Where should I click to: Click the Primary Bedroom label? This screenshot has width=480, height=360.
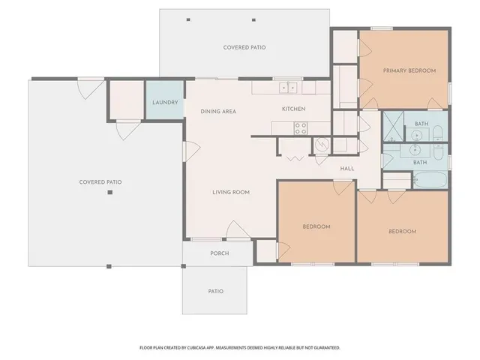409,70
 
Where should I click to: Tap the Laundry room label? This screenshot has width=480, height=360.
164,102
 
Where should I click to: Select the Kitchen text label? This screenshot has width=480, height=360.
293,109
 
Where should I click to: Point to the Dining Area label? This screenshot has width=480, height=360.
218,112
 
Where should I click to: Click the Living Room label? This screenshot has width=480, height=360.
230,193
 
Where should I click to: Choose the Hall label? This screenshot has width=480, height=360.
346,169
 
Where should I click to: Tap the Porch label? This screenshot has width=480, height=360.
219,253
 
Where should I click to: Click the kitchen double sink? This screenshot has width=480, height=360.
289,88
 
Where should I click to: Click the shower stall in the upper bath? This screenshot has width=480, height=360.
394,127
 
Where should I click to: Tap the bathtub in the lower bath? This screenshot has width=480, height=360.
430,181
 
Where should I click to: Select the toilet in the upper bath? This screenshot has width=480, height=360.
439,135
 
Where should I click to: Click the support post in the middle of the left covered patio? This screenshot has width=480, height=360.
109,193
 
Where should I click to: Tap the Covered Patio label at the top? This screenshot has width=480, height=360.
244,47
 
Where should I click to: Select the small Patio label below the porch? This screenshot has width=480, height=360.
215,291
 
